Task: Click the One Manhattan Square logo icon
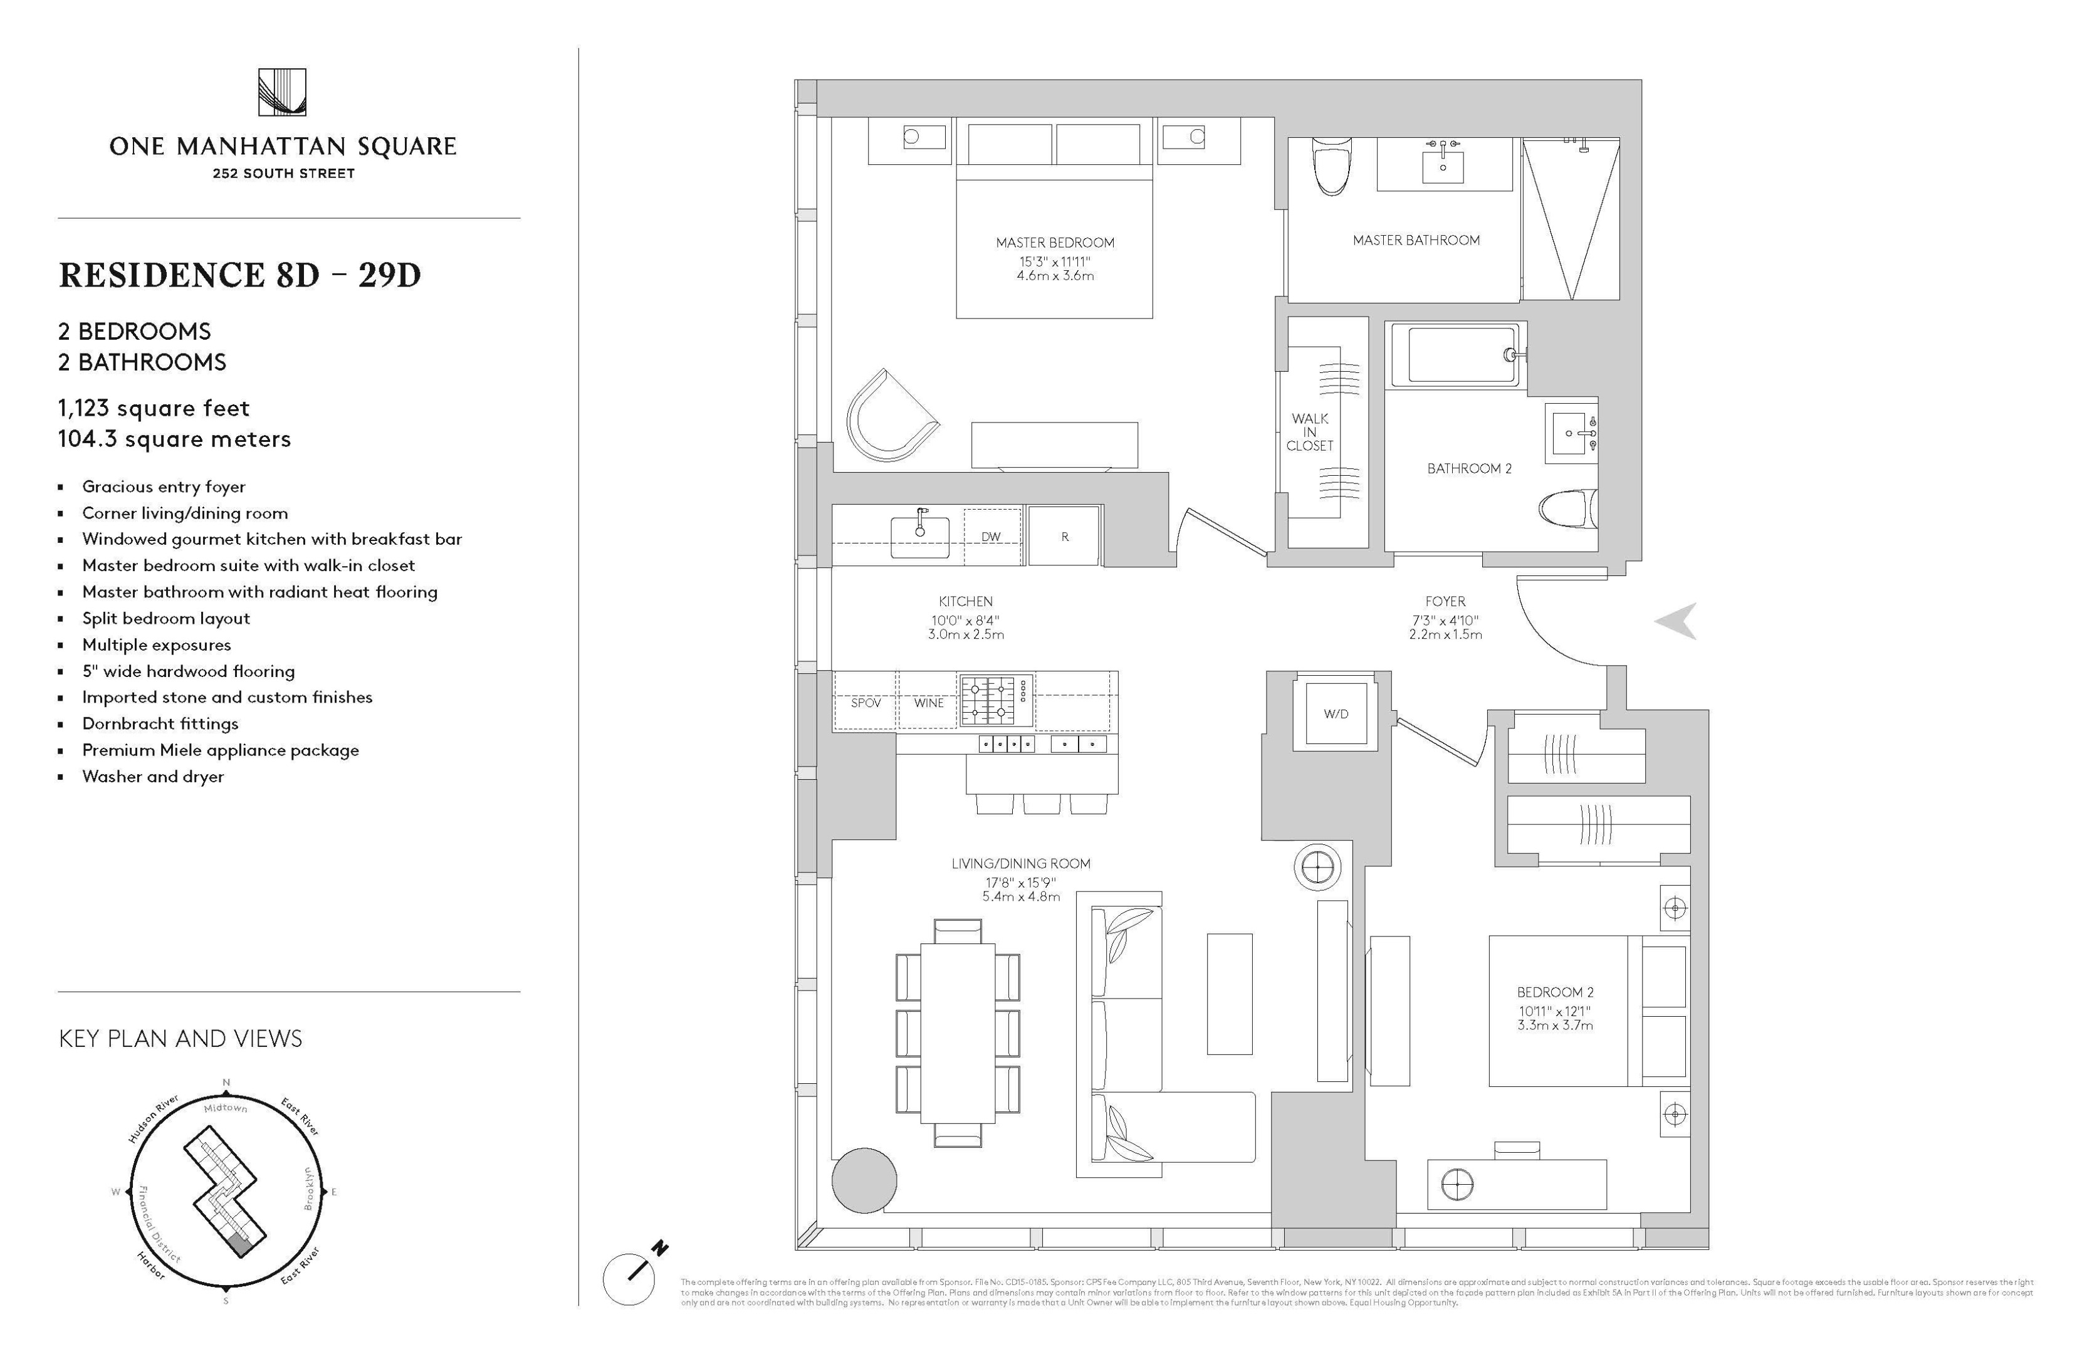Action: point(282,92)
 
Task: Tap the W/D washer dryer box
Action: point(1335,714)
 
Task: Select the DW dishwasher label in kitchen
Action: point(991,537)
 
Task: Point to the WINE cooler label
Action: point(928,703)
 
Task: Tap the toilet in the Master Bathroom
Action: point(1330,167)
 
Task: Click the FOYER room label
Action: point(1445,601)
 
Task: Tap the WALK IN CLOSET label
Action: point(1310,432)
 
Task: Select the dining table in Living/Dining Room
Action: point(957,1034)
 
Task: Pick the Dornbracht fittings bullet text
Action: point(160,723)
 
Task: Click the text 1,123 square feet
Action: point(154,408)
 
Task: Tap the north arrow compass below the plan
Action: point(629,1278)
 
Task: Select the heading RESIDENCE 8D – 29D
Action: point(240,275)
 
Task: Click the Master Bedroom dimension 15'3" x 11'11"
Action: point(1055,261)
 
